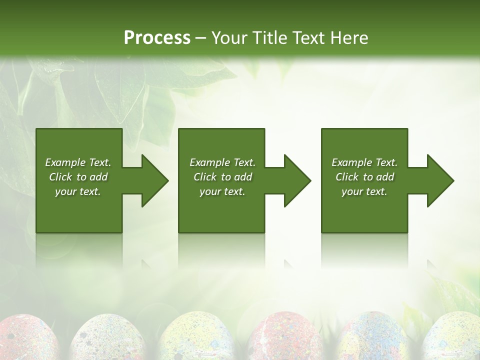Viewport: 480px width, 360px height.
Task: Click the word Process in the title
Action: [157, 38]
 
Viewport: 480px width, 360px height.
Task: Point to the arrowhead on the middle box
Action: [296, 180]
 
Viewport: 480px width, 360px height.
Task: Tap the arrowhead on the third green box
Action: [439, 180]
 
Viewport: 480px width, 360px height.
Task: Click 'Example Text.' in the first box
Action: [78, 162]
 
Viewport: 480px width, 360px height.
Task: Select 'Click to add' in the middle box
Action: [222, 177]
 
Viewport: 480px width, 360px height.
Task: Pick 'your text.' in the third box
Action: [364, 191]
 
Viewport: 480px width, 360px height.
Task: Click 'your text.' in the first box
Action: [78, 191]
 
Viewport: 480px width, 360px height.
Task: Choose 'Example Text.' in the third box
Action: [364, 162]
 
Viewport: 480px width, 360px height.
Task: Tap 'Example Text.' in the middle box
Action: [222, 162]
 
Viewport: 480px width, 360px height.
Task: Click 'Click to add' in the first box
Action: [78, 177]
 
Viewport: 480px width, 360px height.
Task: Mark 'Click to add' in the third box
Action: [364, 177]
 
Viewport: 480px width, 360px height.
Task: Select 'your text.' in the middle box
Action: [222, 191]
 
